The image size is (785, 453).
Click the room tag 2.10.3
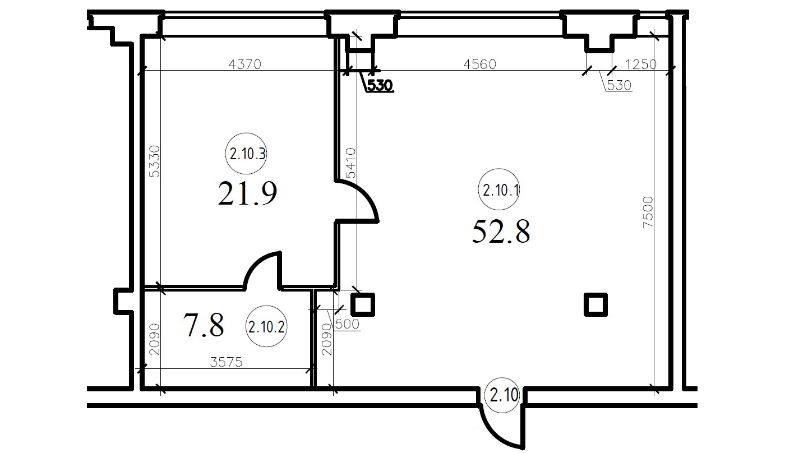pos(246,154)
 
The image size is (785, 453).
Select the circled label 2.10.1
pos(499,189)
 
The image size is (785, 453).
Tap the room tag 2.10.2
pos(266,326)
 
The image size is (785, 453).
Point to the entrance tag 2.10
pos(504,395)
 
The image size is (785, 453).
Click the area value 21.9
pos(247,193)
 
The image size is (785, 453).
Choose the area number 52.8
pos(501,231)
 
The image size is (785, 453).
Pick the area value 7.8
pos(204,325)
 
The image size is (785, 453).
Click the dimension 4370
pos(245,64)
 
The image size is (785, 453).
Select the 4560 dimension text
pos(480,64)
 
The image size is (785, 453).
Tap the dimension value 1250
pos(641,64)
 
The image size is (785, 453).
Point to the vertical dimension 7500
pos(648,212)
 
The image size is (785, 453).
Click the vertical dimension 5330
pos(154,161)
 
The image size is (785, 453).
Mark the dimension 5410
pos(350,163)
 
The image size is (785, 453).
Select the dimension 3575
pos(226,362)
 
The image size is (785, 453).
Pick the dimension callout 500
pos(347,325)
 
